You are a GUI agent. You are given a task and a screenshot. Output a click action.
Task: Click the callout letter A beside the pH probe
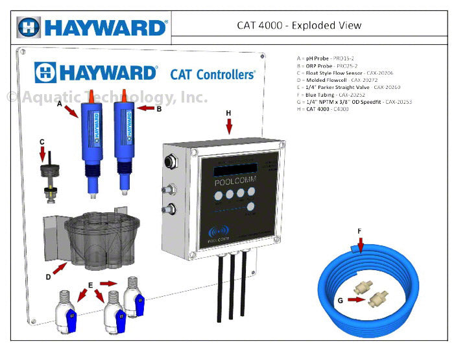[60, 103]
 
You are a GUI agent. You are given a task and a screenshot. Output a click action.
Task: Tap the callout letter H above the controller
[228, 113]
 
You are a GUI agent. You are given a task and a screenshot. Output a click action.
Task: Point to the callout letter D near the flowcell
[49, 277]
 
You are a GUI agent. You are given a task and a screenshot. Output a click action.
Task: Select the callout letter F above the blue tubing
[359, 230]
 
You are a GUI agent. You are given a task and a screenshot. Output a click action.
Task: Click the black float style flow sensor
[45, 178]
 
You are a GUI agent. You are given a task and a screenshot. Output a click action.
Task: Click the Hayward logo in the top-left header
[92, 27]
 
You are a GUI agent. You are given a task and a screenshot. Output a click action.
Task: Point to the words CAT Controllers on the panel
[212, 75]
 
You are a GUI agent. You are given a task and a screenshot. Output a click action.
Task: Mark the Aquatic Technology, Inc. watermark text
[107, 97]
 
